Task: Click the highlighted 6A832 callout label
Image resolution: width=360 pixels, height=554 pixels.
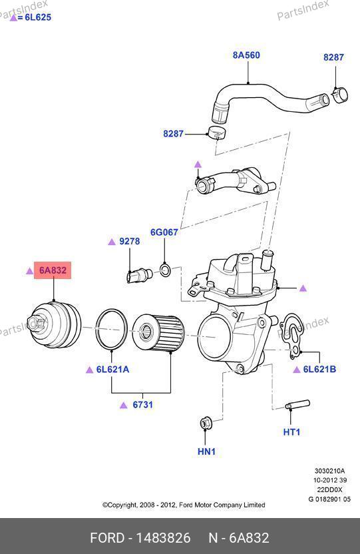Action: [53, 270]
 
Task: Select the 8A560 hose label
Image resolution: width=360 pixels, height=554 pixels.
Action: [246, 55]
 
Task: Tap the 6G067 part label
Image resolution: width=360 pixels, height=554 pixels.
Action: [164, 232]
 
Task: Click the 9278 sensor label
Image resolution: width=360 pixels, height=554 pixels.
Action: [130, 241]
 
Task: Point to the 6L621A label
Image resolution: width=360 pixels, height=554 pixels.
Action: [112, 370]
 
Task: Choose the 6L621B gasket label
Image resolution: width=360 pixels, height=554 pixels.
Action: [320, 369]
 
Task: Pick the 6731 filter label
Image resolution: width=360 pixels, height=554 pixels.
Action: [142, 405]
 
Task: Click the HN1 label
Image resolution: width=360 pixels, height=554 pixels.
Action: [206, 451]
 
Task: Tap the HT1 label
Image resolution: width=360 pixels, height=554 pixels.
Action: [291, 431]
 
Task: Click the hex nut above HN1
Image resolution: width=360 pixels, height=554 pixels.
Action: [205, 423]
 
